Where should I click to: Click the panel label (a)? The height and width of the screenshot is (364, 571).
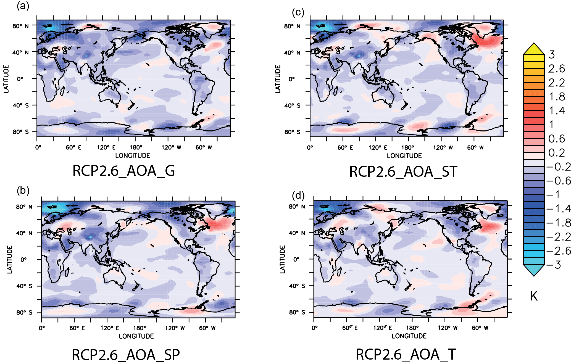(x=23, y=6)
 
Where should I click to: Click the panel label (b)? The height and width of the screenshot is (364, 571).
(x=23, y=191)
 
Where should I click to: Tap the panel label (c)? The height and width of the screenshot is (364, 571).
(x=298, y=12)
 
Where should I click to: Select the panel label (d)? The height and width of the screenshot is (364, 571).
(x=298, y=196)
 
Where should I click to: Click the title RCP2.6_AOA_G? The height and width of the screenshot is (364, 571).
(x=123, y=171)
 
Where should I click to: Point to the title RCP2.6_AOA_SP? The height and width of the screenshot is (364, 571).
(x=126, y=355)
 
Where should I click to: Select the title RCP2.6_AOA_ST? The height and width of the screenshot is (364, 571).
(x=403, y=172)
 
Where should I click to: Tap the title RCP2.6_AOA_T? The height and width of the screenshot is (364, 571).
(x=406, y=354)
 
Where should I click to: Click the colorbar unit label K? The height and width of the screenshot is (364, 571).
(x=534, y=296)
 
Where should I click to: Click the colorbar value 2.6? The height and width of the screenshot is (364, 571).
(x=556, y=69)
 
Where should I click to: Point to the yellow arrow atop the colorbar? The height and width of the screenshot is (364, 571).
(x=534, y=49)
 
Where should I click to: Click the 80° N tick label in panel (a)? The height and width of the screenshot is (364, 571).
(x=20, y=26)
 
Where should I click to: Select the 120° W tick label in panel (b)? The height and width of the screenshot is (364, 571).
(x=175, y=328)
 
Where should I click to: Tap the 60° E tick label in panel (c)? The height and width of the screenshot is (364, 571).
(x=345, y=147)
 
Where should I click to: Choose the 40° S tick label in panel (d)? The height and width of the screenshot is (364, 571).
(x=297, y=286)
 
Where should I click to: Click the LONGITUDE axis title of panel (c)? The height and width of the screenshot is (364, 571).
(x=404, y=156)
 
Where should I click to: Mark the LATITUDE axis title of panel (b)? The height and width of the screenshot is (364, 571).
(x=10, y=260)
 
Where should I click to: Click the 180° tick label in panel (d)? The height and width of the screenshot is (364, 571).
(x=412, y=328)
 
